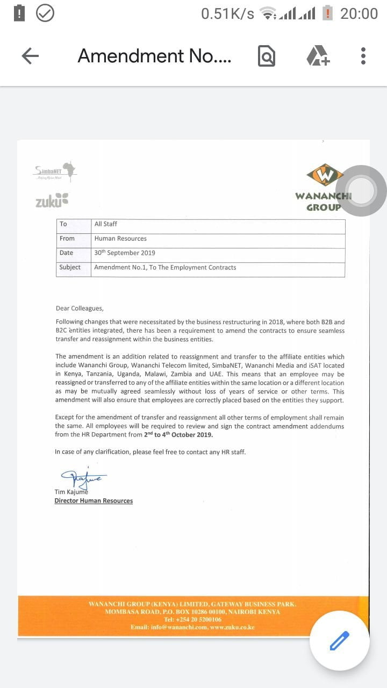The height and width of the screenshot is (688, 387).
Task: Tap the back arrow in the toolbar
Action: click(x=30, y=56)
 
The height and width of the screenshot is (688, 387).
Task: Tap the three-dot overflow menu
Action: click(x=363, y=56)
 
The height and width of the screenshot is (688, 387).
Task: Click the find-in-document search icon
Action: click(x=267, y=56)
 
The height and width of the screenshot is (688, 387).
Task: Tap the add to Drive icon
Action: click(x=318, y=56)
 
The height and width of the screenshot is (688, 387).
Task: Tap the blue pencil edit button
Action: click(x=339, y=641)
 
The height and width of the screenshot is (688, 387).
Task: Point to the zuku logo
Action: click(x=52, y=201)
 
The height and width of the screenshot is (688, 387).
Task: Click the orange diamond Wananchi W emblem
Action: click(x=325, y=175)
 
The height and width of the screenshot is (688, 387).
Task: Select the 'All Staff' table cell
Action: click(x=106, y=224)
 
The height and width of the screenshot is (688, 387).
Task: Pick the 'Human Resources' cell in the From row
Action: click(x=120, y=239)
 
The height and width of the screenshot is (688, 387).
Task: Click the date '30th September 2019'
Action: click(x=124, y=253)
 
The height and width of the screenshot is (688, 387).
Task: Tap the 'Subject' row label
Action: click(x=70, y=267)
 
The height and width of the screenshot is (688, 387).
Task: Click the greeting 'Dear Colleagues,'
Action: click(x=80, y=309)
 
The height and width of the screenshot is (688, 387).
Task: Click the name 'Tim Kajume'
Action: click(x=71, y=492)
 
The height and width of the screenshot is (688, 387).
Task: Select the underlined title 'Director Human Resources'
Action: click(x=94, y=501)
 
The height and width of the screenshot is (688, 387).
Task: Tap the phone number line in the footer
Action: click(x=192, y=620)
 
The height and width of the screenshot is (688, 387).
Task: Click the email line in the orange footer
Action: click(x=192, y=627)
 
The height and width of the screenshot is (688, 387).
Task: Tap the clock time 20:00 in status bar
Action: click(x=359, y=13)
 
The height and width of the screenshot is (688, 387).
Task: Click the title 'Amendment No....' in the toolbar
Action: click(x=154, y=56)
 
